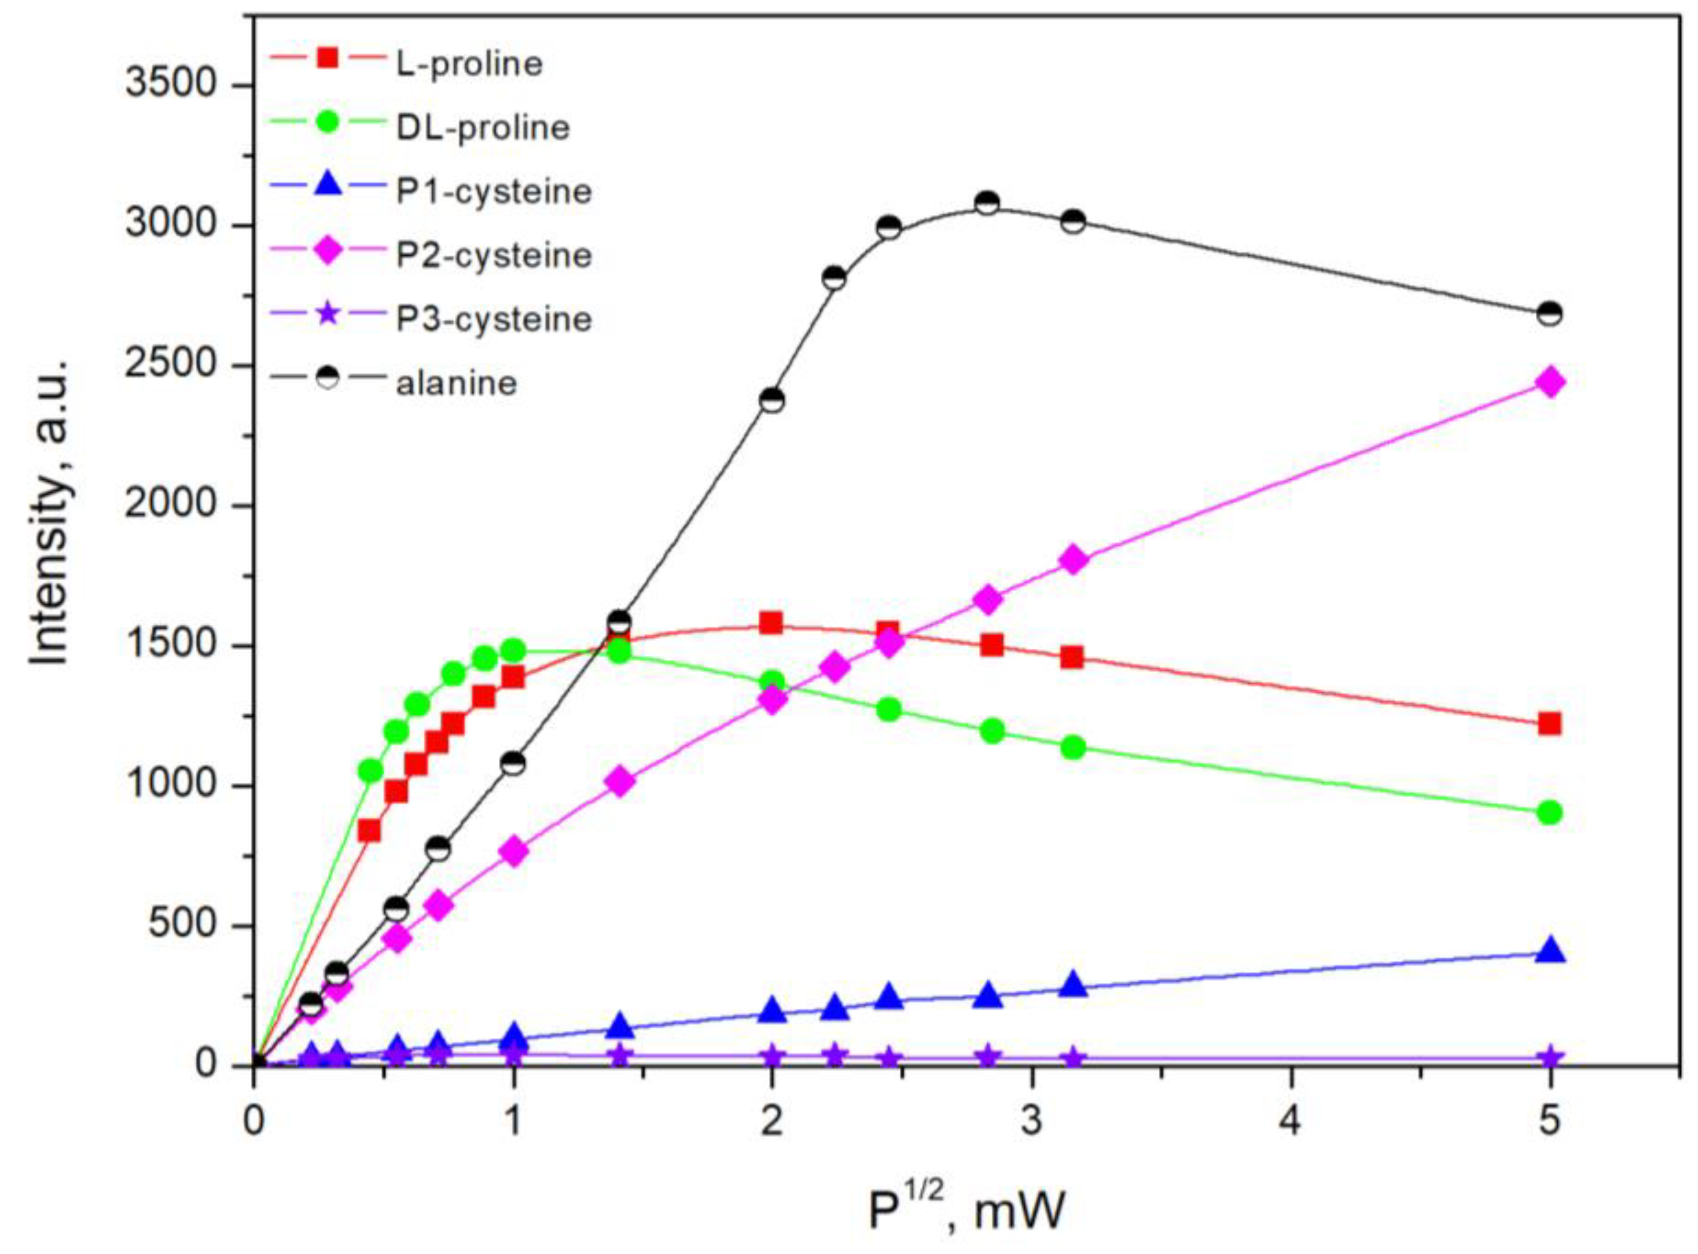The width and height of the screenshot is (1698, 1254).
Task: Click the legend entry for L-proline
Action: pyautogui.click(x=469, y=64)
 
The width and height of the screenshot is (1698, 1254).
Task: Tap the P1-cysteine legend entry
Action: pyautogui.click(x=493, y=192)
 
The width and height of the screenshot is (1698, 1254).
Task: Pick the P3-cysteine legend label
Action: pyautogui.click(x=493, y=319)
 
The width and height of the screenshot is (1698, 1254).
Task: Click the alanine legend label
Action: pyautogui.click(x=456, y=383)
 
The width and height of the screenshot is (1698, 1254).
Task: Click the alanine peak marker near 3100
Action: pyautogui.click(x=987, y=203)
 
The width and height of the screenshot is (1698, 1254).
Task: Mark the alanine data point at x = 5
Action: pyautogui.click(x=1550, y=313)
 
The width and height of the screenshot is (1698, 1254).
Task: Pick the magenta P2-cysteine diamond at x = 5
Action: pyautogui.click(x=1550, y=382)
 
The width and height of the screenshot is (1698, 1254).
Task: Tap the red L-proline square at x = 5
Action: pyautogui.click(x=1550, y=723)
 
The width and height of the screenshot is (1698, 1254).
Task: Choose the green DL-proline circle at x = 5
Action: pyautogui.click(x=1550, y=813)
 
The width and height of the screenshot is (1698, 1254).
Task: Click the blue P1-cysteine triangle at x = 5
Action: pyautogui.click(x=1550, y=952)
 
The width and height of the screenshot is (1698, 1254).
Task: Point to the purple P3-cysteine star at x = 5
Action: pyautogui.click(x=1550, y=1058)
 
